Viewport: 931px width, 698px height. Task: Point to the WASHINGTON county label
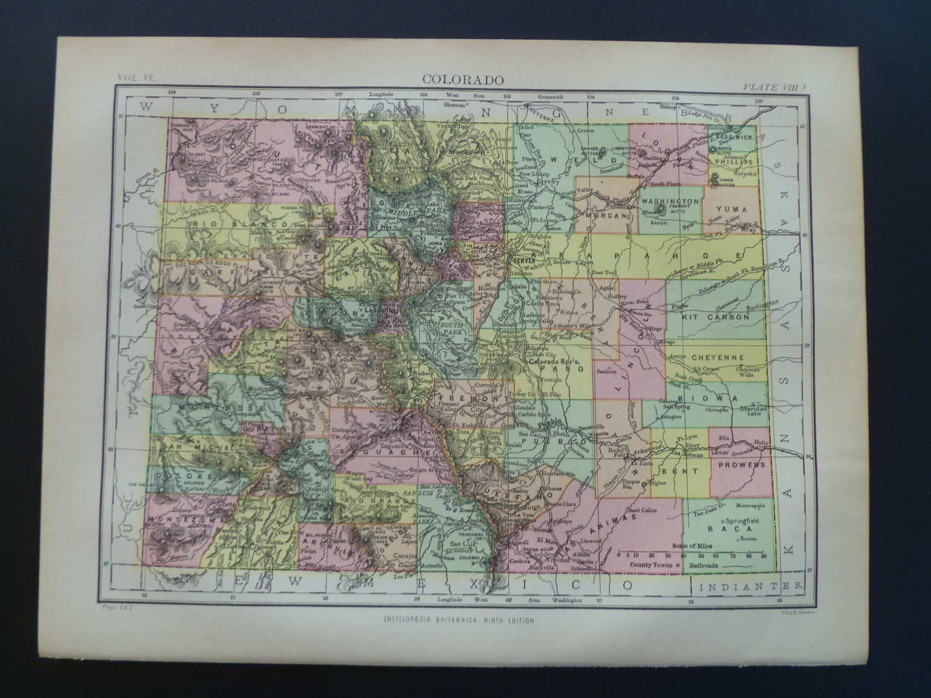tap(670, 202)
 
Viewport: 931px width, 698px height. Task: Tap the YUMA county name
tap(732, 209)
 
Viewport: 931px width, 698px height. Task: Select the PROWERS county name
tap(738, 464)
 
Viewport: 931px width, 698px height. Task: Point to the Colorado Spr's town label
tap(549, 362)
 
